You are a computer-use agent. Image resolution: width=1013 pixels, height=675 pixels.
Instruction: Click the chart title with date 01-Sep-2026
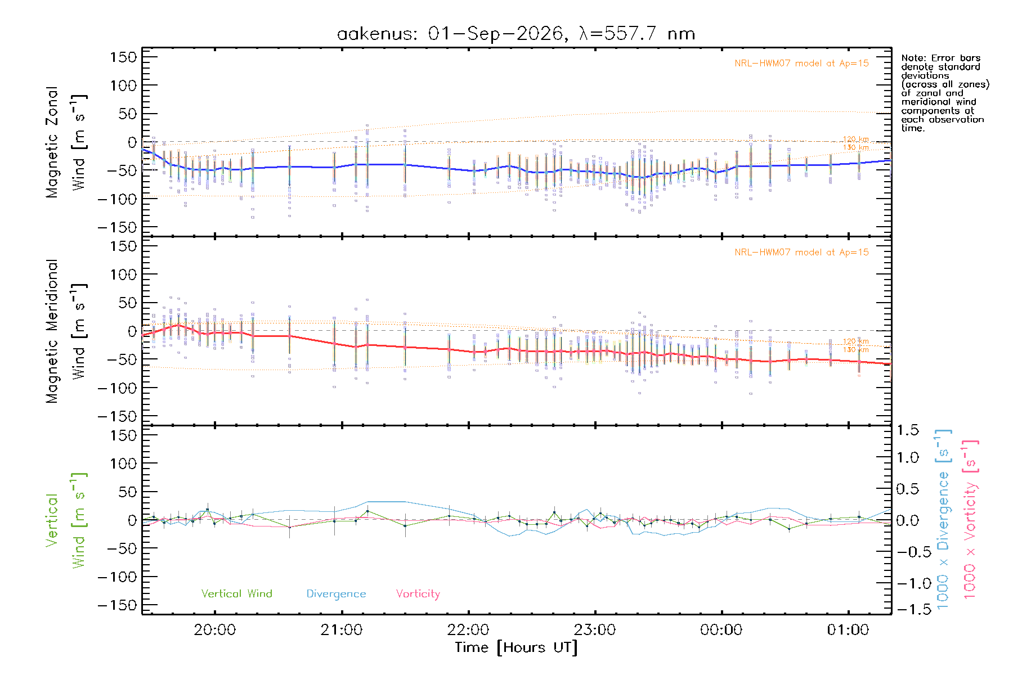516,34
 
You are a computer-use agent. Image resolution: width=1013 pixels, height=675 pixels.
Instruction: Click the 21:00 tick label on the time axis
342,630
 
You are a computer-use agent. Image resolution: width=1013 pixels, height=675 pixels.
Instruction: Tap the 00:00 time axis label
721,630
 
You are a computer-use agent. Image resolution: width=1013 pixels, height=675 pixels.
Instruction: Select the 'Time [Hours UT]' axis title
516,647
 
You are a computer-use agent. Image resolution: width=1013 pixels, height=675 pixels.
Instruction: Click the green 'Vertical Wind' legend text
237,593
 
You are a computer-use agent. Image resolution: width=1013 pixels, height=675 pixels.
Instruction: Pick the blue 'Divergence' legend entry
336,594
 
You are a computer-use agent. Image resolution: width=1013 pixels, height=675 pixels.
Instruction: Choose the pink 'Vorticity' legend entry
418,594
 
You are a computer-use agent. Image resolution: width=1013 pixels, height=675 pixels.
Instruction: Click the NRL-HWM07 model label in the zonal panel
801,64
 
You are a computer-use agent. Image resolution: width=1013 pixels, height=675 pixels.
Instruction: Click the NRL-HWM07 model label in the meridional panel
801,253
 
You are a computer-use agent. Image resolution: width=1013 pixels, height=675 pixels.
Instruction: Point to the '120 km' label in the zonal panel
855,139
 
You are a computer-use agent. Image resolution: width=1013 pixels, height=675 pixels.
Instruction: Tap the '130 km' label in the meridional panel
855,350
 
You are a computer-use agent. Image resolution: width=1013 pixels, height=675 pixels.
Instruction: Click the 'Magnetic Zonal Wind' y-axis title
66,142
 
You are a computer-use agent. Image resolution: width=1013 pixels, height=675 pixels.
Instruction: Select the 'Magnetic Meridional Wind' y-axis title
66,331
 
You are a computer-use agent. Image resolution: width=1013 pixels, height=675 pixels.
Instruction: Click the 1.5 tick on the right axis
907,430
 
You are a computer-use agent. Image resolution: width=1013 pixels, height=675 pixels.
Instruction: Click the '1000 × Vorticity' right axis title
970,520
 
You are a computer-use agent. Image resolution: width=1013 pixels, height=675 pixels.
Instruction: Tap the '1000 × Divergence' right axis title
943,520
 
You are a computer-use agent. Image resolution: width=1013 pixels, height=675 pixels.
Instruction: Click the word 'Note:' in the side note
913,58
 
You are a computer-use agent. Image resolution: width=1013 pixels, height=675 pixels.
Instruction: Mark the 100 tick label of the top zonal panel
124,85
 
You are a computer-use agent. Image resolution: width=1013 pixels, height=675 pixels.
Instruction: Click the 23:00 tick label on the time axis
595,630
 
